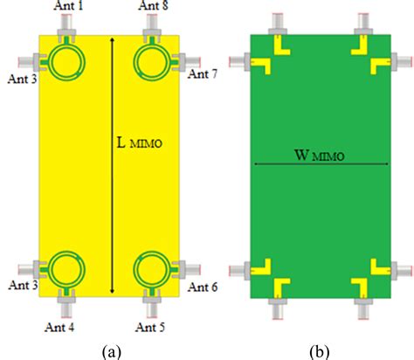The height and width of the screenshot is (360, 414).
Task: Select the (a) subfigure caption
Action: [111, 350]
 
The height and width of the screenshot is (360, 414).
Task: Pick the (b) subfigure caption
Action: [319, 350]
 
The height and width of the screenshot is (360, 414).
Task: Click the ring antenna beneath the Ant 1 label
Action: [65, 61]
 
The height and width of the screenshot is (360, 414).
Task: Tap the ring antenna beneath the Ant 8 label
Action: [149, 61]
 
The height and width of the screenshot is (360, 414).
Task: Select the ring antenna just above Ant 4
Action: [65, 268]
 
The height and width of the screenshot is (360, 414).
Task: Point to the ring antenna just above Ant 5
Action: [149, 268]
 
